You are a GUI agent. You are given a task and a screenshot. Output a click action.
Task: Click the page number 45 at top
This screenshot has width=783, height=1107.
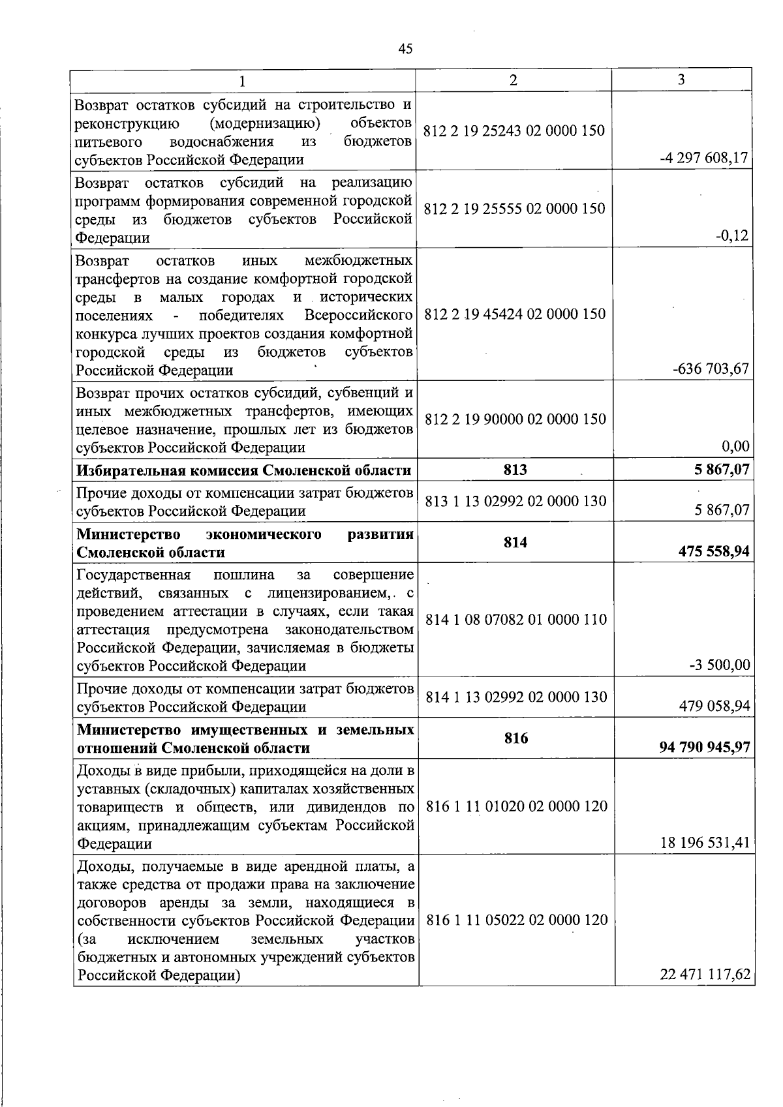pos(405,49)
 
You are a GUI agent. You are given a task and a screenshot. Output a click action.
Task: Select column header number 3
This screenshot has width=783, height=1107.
pos(681,79)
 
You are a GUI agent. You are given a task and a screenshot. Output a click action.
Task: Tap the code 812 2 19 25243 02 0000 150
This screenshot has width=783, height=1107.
pos(514,130)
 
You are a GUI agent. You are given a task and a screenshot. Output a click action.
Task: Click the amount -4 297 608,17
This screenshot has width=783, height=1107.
pos(705,159)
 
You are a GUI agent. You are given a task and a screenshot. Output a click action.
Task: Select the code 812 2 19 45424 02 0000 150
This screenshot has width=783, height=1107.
pos(515,314)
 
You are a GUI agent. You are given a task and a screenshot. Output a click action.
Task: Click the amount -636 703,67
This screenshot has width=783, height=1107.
pos(711,369)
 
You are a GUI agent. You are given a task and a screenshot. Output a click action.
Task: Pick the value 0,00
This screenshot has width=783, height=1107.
pos(735,446)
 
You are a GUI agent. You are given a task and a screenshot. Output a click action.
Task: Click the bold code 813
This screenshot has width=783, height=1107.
pos(515,470)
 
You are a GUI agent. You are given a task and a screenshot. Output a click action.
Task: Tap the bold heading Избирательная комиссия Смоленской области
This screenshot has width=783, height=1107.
pos(244,470)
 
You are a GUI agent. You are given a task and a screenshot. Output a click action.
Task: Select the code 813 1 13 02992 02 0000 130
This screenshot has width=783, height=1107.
pos(515,501)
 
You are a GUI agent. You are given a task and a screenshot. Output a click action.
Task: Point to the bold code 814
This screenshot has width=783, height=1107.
pos(515,543)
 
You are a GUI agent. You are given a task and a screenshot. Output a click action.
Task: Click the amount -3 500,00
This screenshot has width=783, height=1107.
pos(719,665)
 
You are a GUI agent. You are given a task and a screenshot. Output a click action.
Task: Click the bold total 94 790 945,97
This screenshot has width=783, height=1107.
pos(706,747)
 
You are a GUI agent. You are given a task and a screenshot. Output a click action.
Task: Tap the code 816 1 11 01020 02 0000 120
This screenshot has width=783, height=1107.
pos(516,806)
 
